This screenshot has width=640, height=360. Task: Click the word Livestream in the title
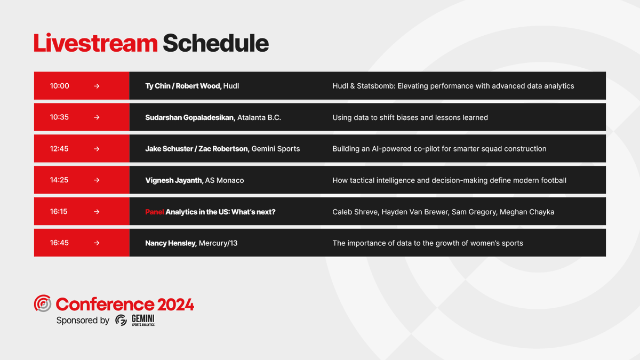click(x=95, y=43)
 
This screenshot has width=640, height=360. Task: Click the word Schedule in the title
click(x=215, y=43)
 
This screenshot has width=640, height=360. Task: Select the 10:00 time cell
click(x=60, y=86)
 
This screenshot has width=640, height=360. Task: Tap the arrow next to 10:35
click(x=97, y=117)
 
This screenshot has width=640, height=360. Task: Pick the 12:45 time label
click(x=60, y=149)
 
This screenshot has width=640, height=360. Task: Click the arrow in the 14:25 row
click(x=97, y=180)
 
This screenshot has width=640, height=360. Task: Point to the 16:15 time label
click(x=60, y=212)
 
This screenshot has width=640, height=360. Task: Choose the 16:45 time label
click(x=60, y=243)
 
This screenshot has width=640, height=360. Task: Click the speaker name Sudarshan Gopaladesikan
click(x=189, y=117)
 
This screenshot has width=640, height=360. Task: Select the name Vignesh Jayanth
click(x=173, y=180)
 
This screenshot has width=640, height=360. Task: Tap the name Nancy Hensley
click(x=170, y=243)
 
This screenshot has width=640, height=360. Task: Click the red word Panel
click(x=154, y=212)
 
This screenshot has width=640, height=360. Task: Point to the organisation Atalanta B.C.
click(x=259, y=117)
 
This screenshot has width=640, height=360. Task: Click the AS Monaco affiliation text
click(x=225, y=180)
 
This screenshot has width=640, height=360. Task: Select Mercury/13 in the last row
click(x=218, y=243)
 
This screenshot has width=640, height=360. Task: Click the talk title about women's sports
click(x=427, y=243)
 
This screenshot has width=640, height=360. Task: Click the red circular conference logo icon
click(x=43, y=303)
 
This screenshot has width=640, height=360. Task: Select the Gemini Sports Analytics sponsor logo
click(x=135, y=320)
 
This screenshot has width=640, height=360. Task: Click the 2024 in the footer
click(x=175, y=305)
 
